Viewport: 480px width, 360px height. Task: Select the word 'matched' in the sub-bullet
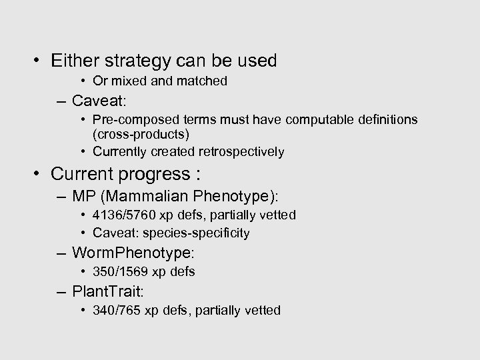pos(204,81)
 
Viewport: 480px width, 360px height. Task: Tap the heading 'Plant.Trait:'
pos(111,291)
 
